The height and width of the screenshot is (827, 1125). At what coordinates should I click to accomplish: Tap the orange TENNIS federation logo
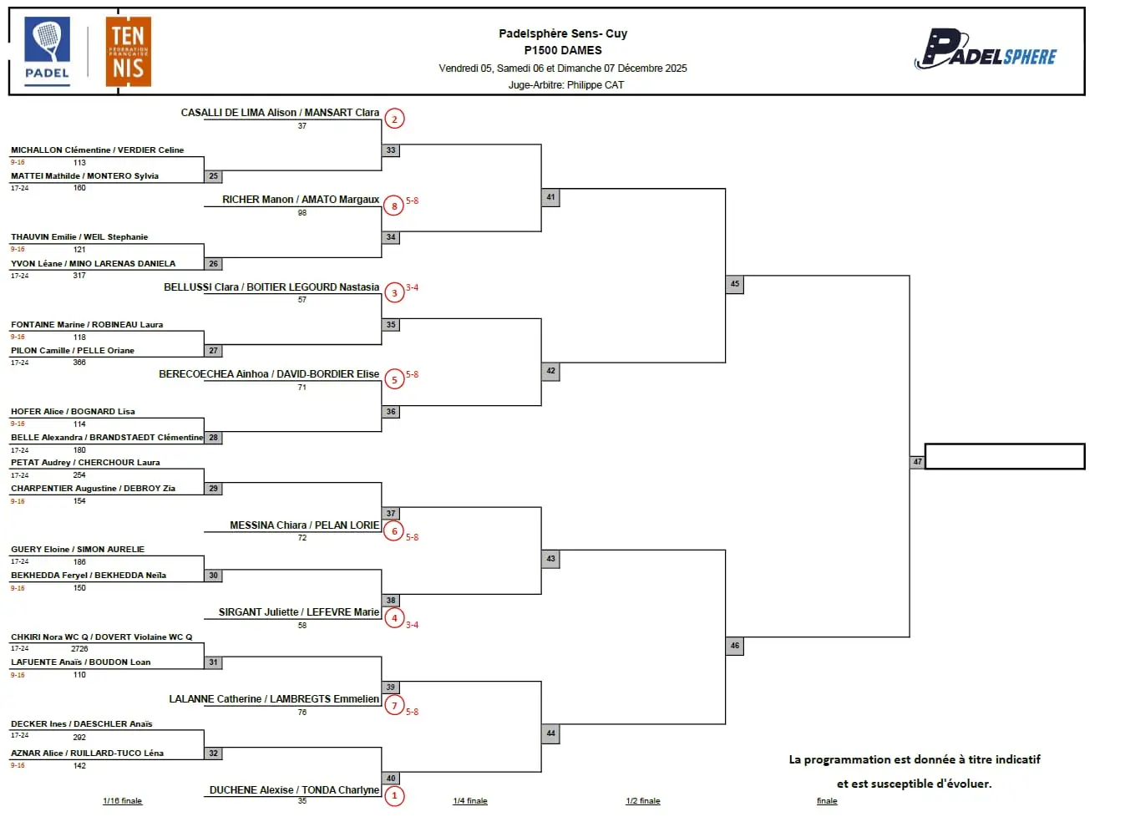(128, 52)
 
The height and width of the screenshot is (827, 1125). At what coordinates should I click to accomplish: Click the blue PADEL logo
(48, 50)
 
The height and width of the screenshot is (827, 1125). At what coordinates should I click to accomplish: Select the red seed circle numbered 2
(394, 119)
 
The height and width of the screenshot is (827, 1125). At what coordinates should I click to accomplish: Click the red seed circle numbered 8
(394, 205)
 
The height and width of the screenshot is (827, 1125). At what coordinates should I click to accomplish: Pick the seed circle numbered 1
(394, 795)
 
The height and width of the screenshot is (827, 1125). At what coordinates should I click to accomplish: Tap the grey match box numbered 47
(917, 462)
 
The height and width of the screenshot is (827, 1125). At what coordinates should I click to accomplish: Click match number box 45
(735, 284)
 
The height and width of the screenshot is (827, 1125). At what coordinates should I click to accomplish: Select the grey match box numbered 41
(550, 197)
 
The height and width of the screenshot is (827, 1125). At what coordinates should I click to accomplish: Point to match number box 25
(214, 176)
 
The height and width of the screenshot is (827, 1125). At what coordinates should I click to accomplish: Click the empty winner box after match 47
(1005, 456)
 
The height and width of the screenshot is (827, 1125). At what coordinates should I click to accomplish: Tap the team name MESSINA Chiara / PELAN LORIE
(304, 525)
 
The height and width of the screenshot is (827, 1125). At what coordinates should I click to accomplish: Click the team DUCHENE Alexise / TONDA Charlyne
(294, 789)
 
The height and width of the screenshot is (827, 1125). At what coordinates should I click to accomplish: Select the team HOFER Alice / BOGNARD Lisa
(73, 412)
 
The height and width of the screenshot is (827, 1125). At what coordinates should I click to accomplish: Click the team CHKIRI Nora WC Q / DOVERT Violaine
(101, 637)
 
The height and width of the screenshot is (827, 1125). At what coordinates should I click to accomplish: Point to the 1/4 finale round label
(470, 801)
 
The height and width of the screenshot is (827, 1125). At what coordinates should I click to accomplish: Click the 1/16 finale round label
(122, 801)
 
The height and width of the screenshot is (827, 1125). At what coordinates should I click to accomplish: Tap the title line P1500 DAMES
(563, 50)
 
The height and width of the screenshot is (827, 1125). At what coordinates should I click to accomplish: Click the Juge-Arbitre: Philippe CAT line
(566, 84)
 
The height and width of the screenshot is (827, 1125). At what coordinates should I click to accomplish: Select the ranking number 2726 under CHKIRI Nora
(79, 649)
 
